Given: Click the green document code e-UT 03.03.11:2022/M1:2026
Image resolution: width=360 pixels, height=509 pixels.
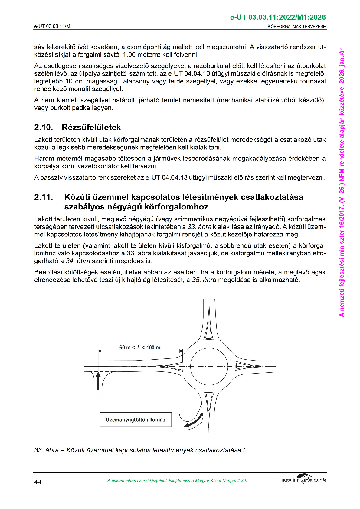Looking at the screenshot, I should [278, 17].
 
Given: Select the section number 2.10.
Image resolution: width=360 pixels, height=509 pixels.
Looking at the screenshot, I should [44, 128].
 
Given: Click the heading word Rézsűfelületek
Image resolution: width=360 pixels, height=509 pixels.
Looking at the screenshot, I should [91, 128].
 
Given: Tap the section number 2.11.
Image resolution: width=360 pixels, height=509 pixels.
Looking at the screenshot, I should [44, 197].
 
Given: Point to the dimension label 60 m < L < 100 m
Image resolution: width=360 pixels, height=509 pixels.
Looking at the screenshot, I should [140, 348].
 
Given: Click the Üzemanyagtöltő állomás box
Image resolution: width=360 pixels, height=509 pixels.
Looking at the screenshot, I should [136, 420].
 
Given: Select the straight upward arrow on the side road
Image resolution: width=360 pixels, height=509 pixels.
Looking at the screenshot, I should [98, 381].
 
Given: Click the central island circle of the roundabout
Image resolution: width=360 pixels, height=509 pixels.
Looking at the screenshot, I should [209, 366].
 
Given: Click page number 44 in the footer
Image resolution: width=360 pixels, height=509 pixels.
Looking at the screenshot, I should [38, 482].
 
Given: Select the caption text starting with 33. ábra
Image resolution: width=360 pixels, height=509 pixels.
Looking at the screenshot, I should [140, 450].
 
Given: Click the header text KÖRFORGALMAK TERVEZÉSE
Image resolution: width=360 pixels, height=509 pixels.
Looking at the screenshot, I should [296, 26].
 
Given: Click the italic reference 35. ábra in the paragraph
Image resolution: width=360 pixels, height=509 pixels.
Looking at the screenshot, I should [204, 280].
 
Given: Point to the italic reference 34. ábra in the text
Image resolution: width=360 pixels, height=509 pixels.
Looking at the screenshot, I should [78, 261].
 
